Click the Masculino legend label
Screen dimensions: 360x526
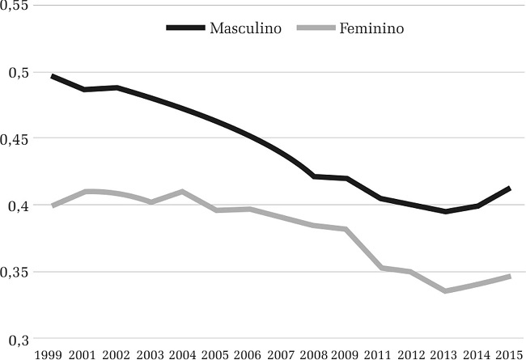coord(245,28)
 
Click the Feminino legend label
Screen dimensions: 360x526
coord(371,28)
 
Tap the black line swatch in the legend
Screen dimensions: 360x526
coord(185,28)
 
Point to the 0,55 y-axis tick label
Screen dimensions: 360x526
coord(15,6)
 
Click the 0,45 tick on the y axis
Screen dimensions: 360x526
coord(15,138)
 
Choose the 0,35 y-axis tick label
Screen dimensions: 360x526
coord(15,272)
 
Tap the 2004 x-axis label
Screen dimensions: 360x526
coord(183,353)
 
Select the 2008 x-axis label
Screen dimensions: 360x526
coord(314,353)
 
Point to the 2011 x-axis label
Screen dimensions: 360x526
coord(380,353)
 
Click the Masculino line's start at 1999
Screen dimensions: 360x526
coord(52,76)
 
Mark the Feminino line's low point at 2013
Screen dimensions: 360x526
coord(445,290)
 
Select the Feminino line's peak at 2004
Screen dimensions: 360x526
coord(183,192)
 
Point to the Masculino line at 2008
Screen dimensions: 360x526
coord(314,176)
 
